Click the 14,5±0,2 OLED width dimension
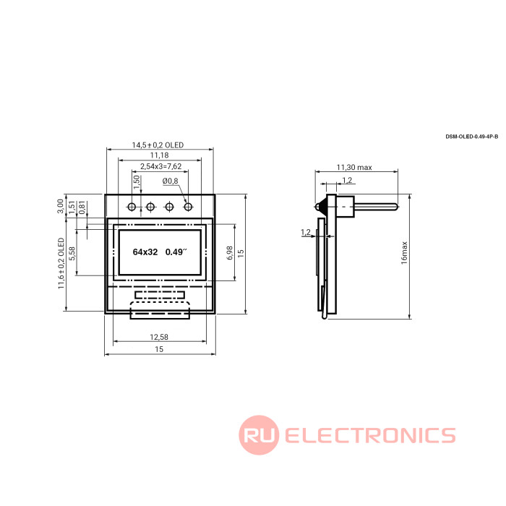pos(158,145)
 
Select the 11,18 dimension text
pos(160,155)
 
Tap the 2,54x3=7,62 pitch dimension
pos(160,166)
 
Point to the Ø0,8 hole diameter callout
pos(170,181)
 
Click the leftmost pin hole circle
pos(132,207)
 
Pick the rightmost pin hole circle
pos(188,207)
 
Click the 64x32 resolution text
pos(145,252)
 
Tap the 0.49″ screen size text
pos(176,252)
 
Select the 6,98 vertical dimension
pos(229,253)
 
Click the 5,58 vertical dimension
pos(72,253)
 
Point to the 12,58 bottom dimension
pos(159,337)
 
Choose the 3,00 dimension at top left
pos(60,206)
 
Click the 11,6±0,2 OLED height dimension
pos(61,263)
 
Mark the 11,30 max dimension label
pos(354,168)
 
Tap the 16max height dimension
pos(404,253)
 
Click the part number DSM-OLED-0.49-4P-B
pos(472,137)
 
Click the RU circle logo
pos(259,435)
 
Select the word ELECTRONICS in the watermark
pos(370,435)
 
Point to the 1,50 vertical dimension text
pos(137,182)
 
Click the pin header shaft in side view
pos(377,207)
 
